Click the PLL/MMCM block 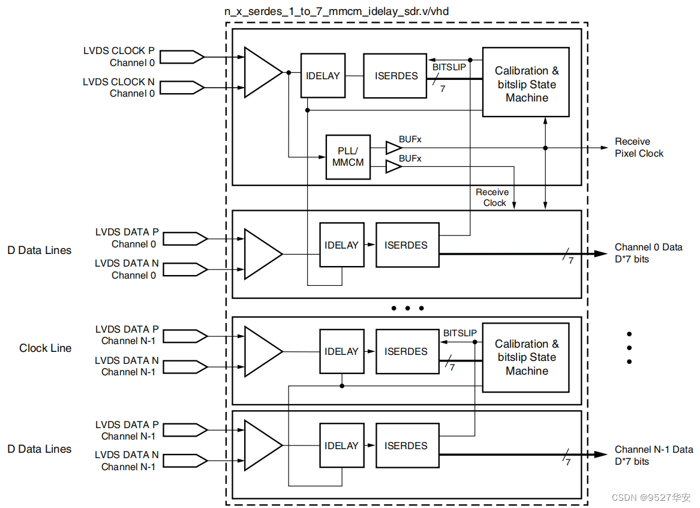tap(348, 157)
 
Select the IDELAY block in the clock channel tap(323, 76)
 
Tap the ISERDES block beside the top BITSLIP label tap(395, 76)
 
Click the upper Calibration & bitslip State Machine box tap(526, 82)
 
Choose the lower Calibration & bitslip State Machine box tap(526, 357)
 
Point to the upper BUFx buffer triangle tap(393, 148)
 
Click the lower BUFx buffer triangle tap(393, 167)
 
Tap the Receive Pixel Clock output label tap(639, 148)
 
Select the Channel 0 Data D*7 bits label tap(648, 253)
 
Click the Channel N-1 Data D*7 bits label tap(654, 455)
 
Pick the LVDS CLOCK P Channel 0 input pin tap(182, 56)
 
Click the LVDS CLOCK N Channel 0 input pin tap(182, 88)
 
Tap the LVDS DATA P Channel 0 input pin tap(185, 238)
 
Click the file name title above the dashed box tap(337, 11)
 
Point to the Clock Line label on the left tap(45, 348)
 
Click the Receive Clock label tap(492, 198)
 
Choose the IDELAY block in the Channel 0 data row tap(341, 245)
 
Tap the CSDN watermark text tap(651, 497)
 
